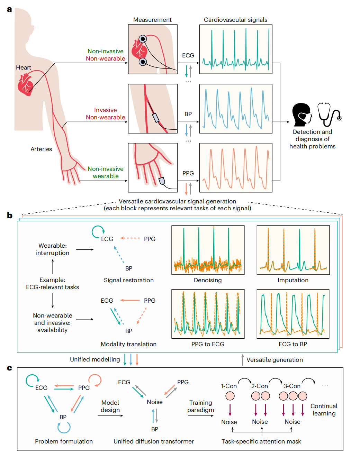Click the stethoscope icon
click(x=329, y=114)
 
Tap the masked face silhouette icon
click(x=301, y=114)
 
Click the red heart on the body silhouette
click(x=25, y=85)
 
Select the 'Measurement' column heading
click(x=152, y=20)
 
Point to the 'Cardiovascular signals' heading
click(x=235, y=20)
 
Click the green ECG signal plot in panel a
click(x=236, y=49)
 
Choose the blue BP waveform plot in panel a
click(x=236, y=109)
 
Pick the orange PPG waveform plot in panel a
click(x=236, y=168)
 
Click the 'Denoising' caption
click(x=208, y=280)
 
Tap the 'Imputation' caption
click(x=293, y=280)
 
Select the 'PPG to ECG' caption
click(x=208, y=344)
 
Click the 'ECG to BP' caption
click(x=293, y=344)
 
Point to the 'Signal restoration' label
click(x=129, y=280)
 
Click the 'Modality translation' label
click(x=129, y=344)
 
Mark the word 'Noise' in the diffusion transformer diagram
click(x=155, y=402)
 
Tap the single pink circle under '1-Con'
click(x=230, y=396)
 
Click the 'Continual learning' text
click(x=324, y=410)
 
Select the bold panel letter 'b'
click(x=10, y=216)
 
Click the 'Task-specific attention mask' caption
click(x=261, y=441)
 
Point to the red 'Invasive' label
click(x=106, y=110)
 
